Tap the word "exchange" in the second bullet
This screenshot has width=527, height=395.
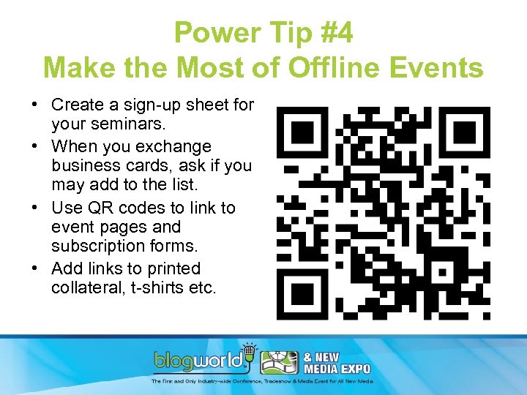(176, 147)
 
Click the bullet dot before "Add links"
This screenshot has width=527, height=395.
(34, 268)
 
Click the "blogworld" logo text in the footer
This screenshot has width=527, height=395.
(200, 361)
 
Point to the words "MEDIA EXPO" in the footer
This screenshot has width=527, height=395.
(337, 369)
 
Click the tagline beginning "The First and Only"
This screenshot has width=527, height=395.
(262, 381)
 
